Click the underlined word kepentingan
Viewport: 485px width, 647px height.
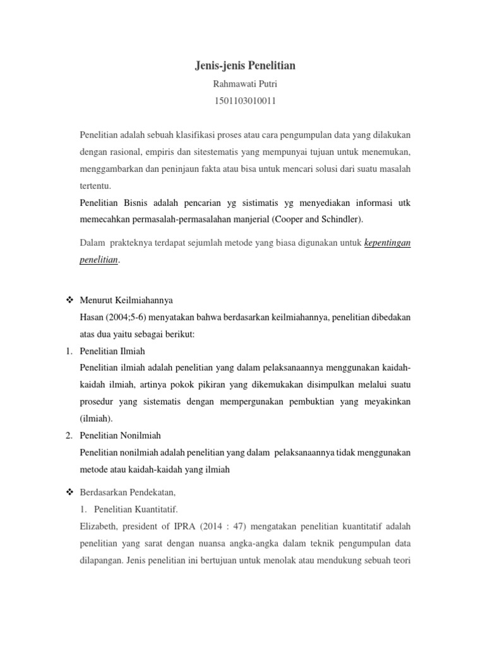coord(388,243)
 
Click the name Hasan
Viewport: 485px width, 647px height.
coord(92,316)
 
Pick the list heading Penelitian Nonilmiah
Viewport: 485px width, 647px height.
coord(120,435)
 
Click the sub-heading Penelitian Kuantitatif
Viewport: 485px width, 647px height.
coord(136,508)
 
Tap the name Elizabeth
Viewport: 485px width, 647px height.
coord(99,524)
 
